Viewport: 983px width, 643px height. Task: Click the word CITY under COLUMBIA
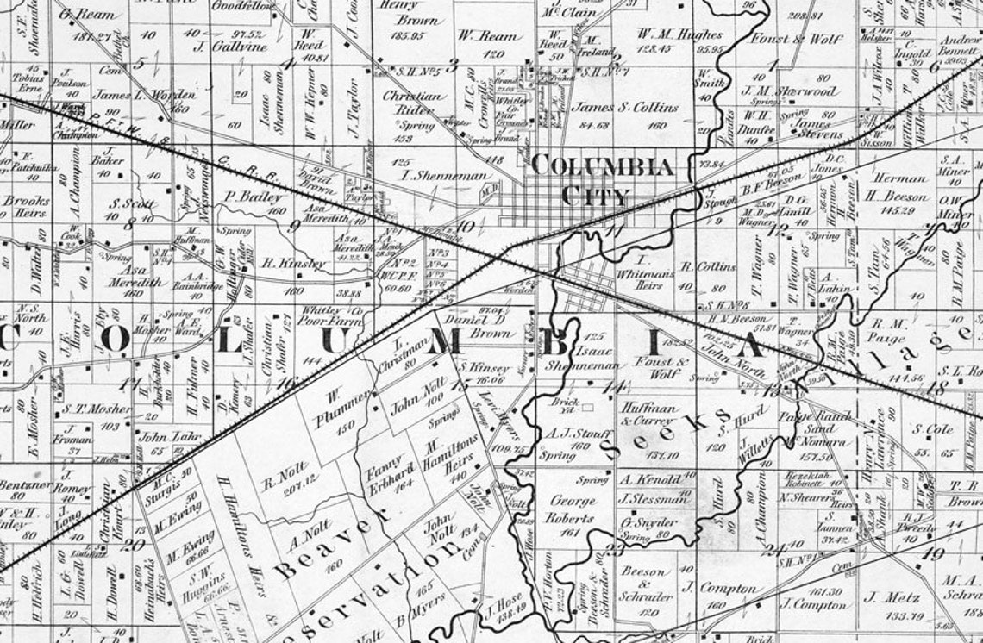[x=595, y=196]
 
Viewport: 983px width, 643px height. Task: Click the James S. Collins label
[x=625, y=108]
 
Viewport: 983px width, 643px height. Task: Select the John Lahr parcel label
[x=164, y=436]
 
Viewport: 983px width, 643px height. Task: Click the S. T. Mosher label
[x=85, y=409]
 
